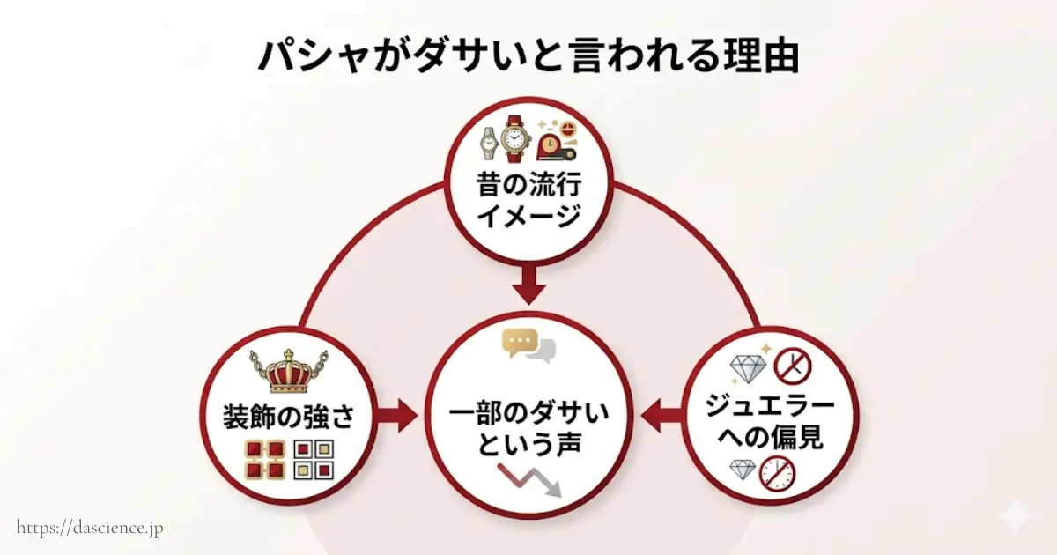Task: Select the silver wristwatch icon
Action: point(489,141)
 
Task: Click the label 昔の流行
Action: point(528,187)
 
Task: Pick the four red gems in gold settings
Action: point(264,459)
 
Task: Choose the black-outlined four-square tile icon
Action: point(313,459)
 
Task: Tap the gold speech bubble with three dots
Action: point(519,343)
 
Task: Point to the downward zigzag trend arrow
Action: point(528,480)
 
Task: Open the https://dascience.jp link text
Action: point(90,528)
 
